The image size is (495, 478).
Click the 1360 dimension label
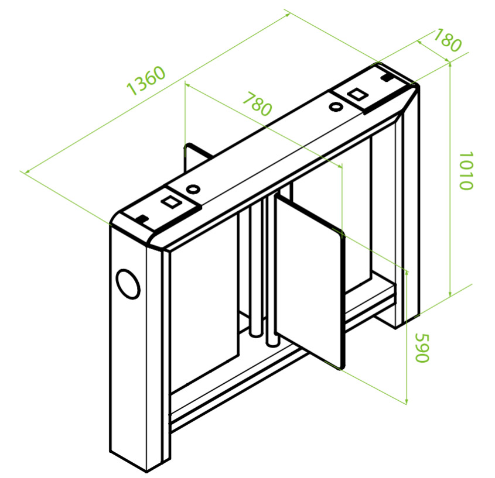pyautogui.click(x=146, y=80)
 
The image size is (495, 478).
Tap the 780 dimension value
pyautogui.click(x=257, y=104)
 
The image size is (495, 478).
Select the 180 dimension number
pyautogui.click(x=448, y=40)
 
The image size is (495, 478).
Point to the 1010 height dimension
pyautogui.click(x=466, y=171)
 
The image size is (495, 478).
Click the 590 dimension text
pyautogui.click(x=422, y=348)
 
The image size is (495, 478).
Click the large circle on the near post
pyautogui.click(x=128, y=284)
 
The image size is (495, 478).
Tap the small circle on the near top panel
pyautogui.click(x=193, y=190)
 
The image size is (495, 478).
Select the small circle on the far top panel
pyautogui.click(x=336, y=106)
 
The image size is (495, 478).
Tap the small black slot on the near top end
pyautogui.click(x=143, y=218)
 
